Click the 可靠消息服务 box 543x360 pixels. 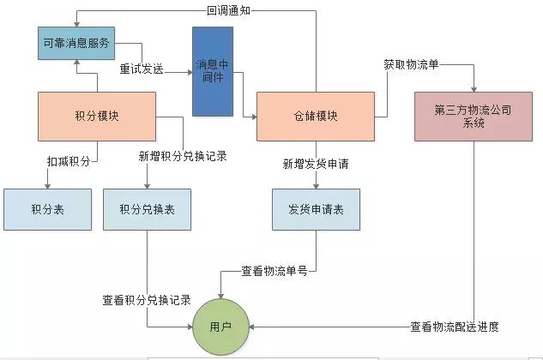click(76, 43)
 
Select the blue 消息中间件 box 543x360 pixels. click(212, 71)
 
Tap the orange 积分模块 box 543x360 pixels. click(97, 116)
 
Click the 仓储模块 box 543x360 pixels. click(314, 116)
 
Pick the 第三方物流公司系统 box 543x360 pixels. click(473, 116)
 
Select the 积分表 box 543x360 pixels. click(47, 208)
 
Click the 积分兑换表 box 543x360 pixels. click(147, 208)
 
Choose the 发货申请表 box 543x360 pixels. click(316, 208)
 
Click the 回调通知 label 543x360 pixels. click(228, 10)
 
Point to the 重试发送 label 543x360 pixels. click(142, 69)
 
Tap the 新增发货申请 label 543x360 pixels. click(316, 163)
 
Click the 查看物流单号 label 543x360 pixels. click(274, 271)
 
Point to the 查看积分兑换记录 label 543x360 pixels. click(147, 300)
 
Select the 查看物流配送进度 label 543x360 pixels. click(455, 327)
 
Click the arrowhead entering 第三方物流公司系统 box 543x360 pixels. click(473, 88)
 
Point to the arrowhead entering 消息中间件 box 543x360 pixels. click(189, 71)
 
